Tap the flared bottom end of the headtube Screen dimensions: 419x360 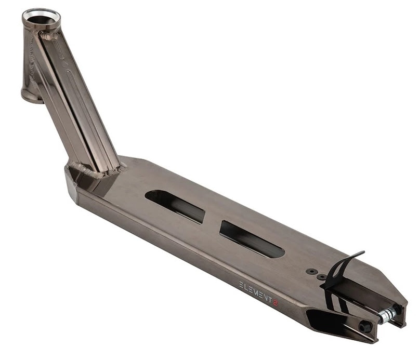(x=32, y=96)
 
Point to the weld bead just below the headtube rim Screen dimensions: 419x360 (x=49, y=36)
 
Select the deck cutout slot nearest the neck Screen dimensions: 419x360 (x=175, y=206)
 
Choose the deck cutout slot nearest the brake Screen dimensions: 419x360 (x=252, y=239)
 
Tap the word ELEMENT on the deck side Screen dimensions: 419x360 (x=255, y=291)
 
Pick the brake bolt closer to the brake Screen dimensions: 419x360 (x=321, y=277)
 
